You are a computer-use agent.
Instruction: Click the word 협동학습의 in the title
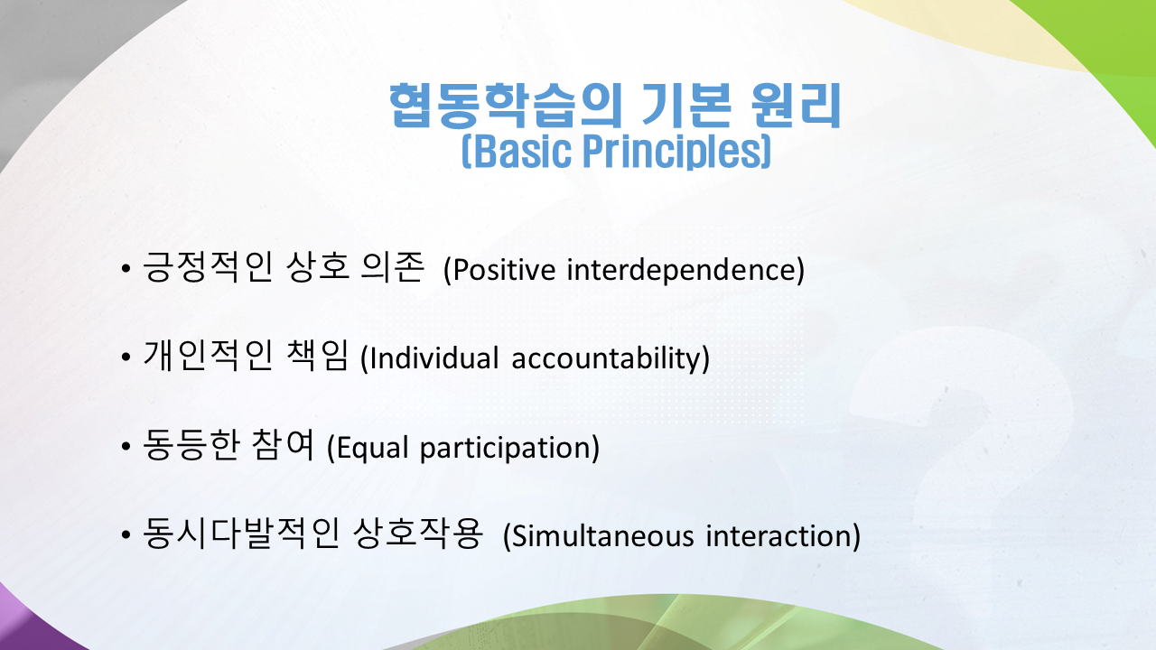pos(505,106)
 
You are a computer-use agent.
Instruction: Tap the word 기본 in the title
pos(686,106)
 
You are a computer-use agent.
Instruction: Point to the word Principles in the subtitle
pos(672,152)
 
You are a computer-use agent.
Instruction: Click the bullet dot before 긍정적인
pos(126,269)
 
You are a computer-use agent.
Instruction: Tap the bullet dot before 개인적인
pos(126,357)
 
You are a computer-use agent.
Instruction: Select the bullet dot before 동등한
pos(126,446)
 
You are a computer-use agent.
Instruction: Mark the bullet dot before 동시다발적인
pos(126,534)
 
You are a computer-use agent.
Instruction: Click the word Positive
pos(504,270)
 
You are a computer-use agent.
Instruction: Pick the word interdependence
pos(681,269)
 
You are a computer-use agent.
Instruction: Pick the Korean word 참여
pos(283,444)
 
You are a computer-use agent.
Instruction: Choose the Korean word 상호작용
pos(418,533)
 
